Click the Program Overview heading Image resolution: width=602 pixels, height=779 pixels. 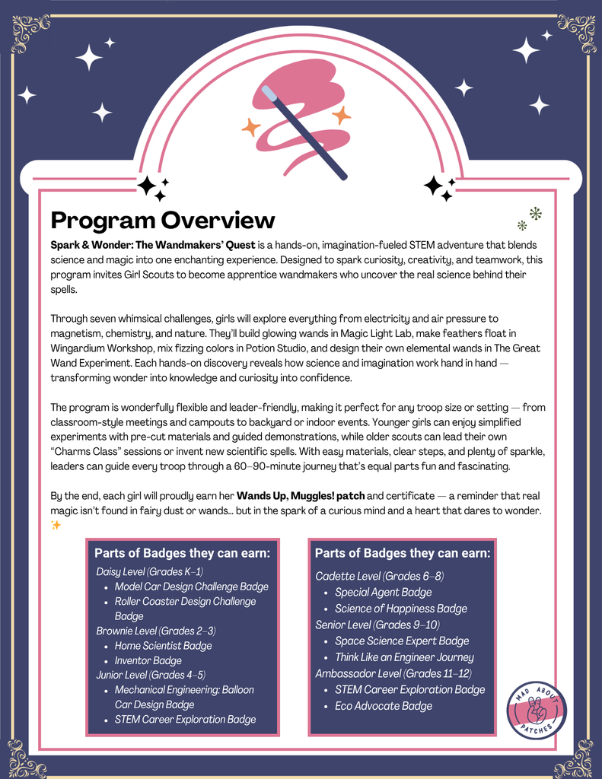tap(162, 221)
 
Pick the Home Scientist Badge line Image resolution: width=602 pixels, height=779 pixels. tap(163, 646)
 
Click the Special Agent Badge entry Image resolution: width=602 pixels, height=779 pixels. tap(383, 593)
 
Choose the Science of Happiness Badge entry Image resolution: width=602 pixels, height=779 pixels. tap(400, 609)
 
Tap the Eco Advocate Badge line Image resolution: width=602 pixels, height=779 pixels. tap(383, 706)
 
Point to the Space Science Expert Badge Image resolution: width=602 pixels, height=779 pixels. tap(402, 641)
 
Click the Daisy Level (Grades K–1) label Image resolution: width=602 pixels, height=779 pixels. tap(149, 571)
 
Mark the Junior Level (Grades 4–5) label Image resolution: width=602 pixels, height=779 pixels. tap(151, 675)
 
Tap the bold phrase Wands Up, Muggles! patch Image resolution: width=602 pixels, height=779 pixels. tap(301, 496)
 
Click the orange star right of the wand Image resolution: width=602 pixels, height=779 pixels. tap(341, 116)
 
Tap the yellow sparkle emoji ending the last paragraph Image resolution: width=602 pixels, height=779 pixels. tap(56, 525)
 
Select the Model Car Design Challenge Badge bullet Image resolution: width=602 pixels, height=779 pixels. tap(191, 587)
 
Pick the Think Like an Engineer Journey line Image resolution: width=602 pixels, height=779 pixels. tap(404, 657)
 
